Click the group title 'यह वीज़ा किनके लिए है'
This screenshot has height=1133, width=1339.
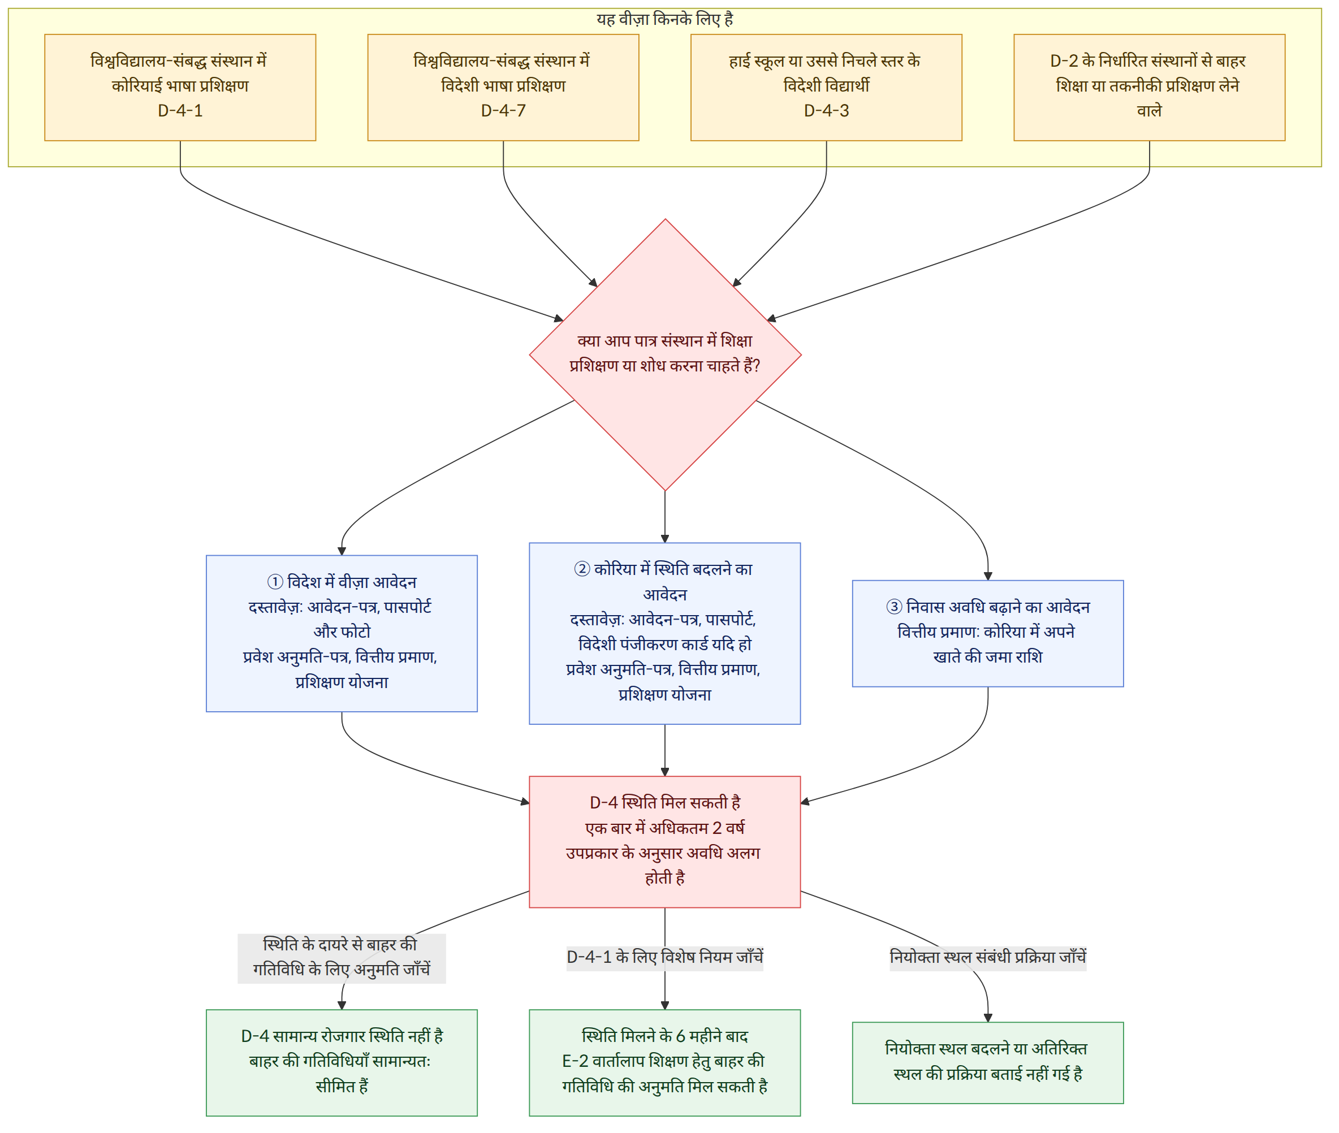[664, 19]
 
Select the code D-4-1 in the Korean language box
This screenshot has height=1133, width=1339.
[180, 110]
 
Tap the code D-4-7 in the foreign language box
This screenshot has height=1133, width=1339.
[503, 110]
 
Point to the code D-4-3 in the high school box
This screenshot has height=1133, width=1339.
[826, 110]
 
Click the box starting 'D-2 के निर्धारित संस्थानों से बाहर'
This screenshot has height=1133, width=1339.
[1149, 88]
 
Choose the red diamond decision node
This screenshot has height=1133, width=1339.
[665, 354]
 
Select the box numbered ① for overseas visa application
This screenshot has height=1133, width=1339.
[342, 633]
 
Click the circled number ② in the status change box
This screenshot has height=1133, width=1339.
[582, 569]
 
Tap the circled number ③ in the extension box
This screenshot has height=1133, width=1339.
[894, 607]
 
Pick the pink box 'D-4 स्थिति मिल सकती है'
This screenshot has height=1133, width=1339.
[665, 841]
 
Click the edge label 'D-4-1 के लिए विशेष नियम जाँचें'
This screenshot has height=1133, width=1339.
[665, 957]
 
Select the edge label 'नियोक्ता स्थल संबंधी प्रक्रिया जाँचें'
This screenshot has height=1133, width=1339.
[987, 957]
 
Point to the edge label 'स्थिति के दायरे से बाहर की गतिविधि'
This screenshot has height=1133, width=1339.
[342, 957]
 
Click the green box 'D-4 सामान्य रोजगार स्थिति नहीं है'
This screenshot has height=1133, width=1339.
[342, 1063]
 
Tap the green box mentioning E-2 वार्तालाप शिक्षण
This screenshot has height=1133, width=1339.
[665, 1063]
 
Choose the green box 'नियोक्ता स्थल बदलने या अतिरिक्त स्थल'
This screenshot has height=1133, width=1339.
[987, 1063]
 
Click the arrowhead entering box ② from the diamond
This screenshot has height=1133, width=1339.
[665, 538]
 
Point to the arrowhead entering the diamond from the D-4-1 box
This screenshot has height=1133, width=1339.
[559, 318]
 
